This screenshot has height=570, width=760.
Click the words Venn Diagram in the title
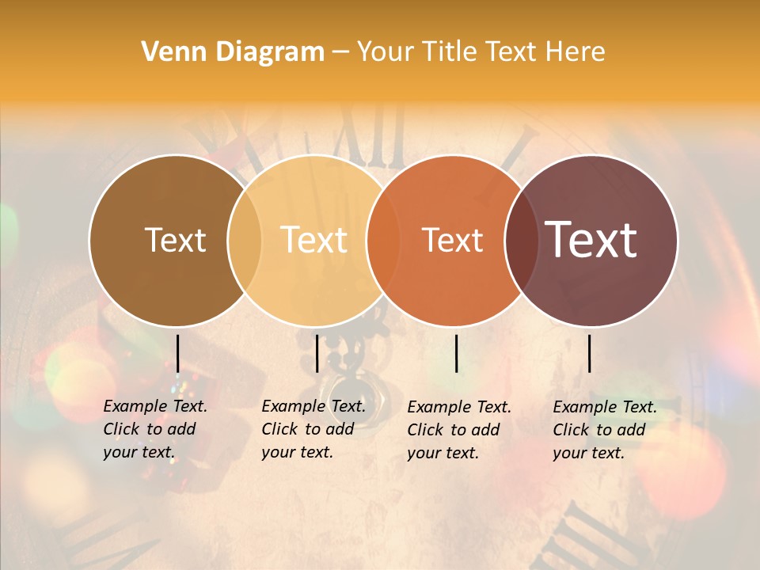click(233, 52)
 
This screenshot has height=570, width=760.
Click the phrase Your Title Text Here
click(481, 52)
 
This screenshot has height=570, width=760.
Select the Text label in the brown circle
click(175, 240)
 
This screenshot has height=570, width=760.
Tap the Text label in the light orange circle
click(314, 240)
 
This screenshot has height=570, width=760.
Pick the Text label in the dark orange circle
click(453, 240)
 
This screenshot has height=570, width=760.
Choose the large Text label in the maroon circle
click(591, 239)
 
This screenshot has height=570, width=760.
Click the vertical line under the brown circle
click(177, 353)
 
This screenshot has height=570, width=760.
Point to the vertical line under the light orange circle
click(317, 353)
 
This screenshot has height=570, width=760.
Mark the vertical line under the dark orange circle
click(456, 353)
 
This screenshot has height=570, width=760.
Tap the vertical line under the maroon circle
click(589, 353)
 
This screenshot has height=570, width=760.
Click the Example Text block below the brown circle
click(154, 429)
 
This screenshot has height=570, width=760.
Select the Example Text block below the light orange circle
click(313, 429)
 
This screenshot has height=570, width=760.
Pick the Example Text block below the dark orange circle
click(458, 430)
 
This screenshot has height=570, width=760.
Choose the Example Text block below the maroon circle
click(604, 430)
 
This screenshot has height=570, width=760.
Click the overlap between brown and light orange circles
click(245, 241)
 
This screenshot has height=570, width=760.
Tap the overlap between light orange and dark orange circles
click(383, 241)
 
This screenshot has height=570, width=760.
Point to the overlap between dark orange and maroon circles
click(522, 241)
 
